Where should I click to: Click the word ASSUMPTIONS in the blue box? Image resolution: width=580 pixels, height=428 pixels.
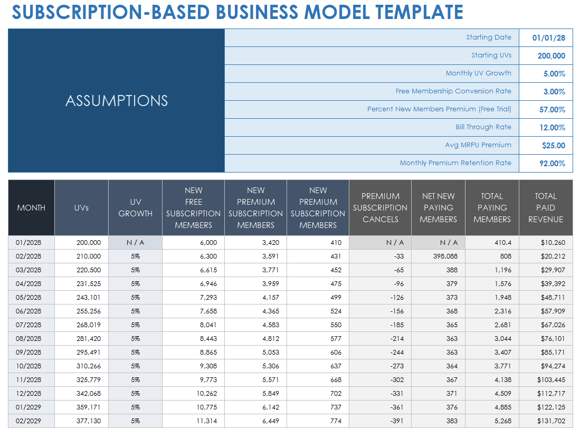[x=117, y=101]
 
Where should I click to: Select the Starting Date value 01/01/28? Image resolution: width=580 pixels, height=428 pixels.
[x=548, y=38]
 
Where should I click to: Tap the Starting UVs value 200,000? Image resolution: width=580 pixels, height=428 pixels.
[x=552, y=56]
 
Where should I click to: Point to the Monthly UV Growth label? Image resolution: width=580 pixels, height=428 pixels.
[x=478, y=73]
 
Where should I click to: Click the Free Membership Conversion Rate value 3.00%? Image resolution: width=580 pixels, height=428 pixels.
[x=554, y=92]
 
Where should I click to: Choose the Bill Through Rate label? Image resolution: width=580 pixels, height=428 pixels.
[x=483, y=127]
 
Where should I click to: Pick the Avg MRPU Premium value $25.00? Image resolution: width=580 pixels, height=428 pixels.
[x=553, y=146]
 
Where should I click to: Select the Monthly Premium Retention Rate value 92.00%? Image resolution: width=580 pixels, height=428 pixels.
[x=552, y=164]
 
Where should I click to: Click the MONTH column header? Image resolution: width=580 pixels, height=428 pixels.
[x=31, y=208]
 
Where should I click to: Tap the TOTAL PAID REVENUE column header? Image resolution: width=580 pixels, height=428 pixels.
[x=546, y=208]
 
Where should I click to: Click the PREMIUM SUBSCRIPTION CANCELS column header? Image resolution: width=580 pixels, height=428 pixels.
[x=380, y=208]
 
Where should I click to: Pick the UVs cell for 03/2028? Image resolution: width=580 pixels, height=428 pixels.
[x=89, y=270]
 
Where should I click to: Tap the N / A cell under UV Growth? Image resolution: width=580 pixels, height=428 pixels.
[x=135, y=243]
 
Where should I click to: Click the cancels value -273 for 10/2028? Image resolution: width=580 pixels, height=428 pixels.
[x=397, y=366]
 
